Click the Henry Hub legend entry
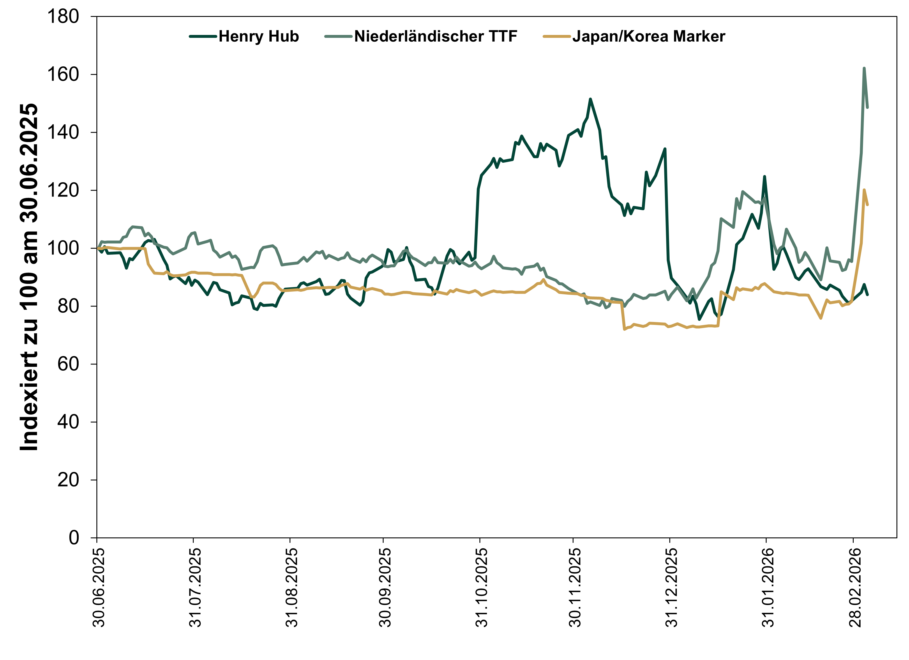tap(259, 36)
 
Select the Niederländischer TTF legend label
tap(436, 36)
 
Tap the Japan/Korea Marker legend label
tap(649, 36)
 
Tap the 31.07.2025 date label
tap(195, 587)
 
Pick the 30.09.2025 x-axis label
tap(385, 587)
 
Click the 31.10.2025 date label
tap(481, 587)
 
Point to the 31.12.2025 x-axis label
tap(671, 587)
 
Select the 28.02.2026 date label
tap(855, 587)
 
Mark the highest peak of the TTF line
tap(864, 68)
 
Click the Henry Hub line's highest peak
tap(590, 99)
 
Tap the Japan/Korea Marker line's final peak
tap(864, 190)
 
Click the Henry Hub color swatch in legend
tap(203, 36)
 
